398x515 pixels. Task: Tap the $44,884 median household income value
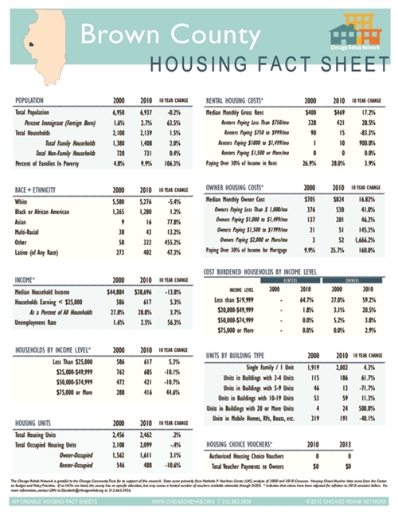click(116, 292)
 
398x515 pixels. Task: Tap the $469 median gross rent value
click(338, 113)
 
